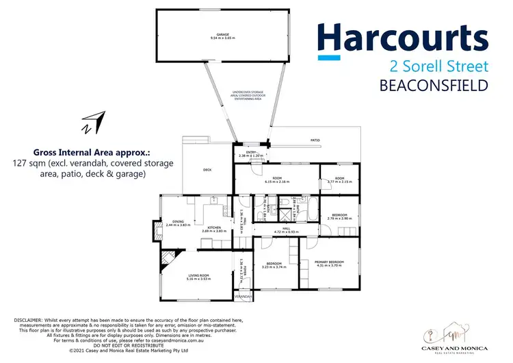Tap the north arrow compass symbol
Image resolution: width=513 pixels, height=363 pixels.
tap(92, 123)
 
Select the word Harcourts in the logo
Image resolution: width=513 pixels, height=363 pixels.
tap(402, 39)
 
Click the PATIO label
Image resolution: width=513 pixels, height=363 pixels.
tap(315, 140)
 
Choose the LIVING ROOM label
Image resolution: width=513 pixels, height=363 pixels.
tap(198, 275)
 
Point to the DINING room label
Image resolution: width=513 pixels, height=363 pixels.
tap(178, 221)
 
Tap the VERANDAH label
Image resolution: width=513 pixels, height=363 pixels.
tap(243, 297)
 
